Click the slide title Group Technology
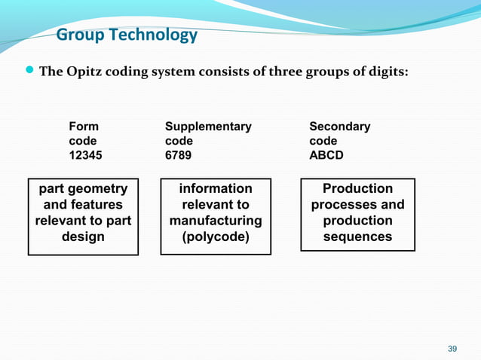coord(127,35)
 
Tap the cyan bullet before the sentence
coord(30,72)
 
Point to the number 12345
coord(85,155)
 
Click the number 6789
coord(178,155)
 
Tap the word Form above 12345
coord(83,127)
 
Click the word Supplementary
coord(208,127)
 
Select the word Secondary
coord(339,127)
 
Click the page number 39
coord(452,348)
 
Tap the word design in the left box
coord(83,236)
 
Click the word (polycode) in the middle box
coord(216,236)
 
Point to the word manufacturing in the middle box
coord(216,221)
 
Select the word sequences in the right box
coord(357,236)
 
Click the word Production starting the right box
coord(357,188)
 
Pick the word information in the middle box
coord(216,188)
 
